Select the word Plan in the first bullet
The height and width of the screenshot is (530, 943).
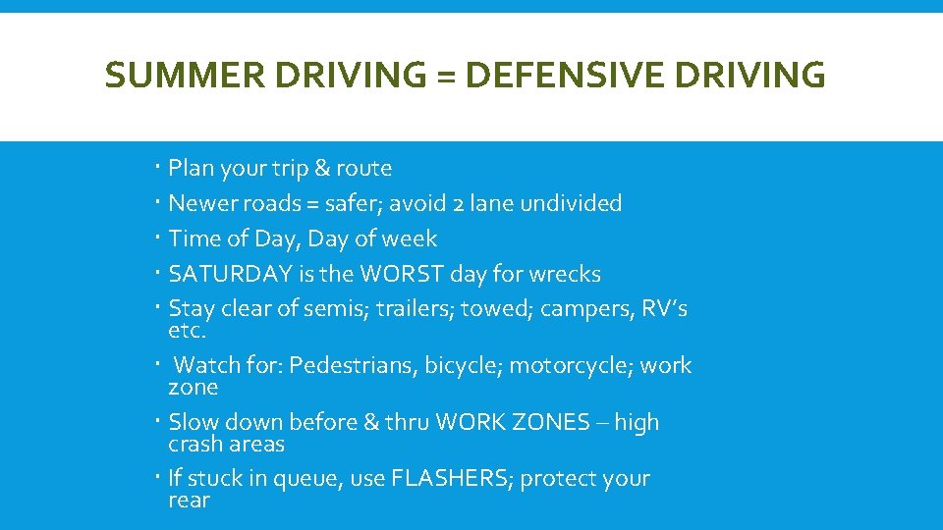coord(192,169)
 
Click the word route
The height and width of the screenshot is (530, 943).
coord(363,169)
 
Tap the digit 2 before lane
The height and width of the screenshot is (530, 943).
coord(460,204)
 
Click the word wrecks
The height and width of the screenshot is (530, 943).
coord(564,274)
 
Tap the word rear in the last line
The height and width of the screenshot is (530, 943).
coord(190,501)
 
